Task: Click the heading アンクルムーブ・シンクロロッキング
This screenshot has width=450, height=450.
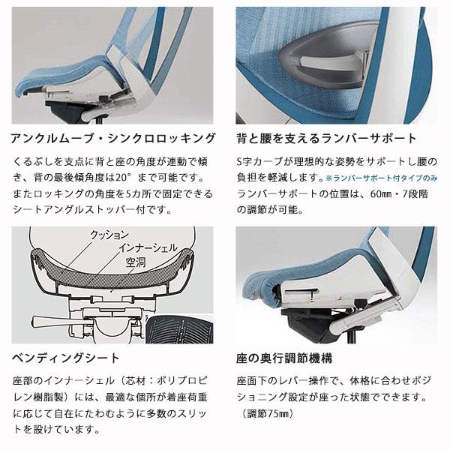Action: (112, 139)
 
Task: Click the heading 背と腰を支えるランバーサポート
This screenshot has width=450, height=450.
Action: (326, 139)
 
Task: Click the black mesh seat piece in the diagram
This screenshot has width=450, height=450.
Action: (176, 330)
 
